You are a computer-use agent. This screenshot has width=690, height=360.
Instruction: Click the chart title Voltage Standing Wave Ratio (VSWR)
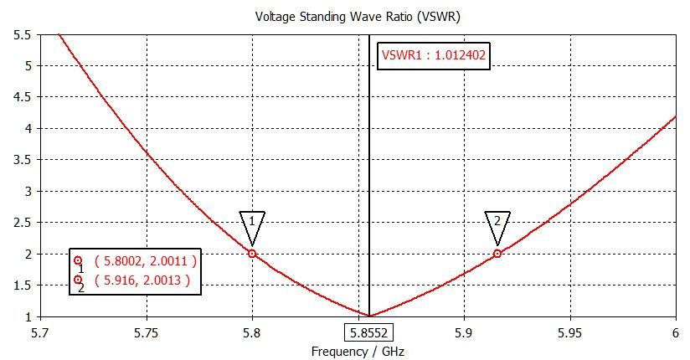[345, 16]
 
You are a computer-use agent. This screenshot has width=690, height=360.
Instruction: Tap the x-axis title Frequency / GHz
[358, 352]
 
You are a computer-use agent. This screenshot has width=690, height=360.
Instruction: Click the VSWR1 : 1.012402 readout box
[434, 56]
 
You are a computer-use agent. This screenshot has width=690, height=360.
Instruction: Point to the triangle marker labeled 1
[252, 224]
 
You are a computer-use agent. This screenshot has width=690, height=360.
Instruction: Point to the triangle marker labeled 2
[497, 224]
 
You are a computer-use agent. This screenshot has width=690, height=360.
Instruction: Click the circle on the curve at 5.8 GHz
[252, 254]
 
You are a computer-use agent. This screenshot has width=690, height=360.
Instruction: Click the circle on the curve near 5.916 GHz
[497, 254]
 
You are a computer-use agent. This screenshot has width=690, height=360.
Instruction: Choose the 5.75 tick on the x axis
[147, 332]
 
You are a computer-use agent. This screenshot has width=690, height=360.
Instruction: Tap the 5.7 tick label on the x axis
[41, 332]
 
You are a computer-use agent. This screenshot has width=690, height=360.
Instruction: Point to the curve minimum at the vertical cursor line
[369, 316]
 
